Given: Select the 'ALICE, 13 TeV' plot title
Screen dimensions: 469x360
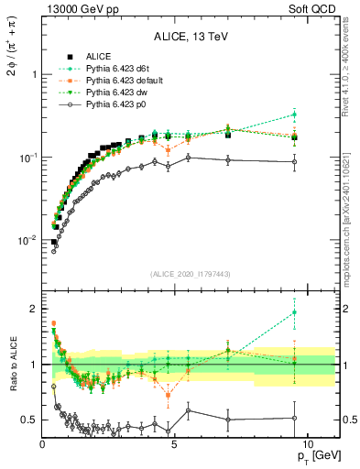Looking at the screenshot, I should click(x=190, y=37).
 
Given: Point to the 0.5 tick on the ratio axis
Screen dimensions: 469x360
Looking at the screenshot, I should click(x=28, y=420).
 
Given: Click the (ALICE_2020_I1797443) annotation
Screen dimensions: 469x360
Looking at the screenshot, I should click(x=190, y=272).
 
